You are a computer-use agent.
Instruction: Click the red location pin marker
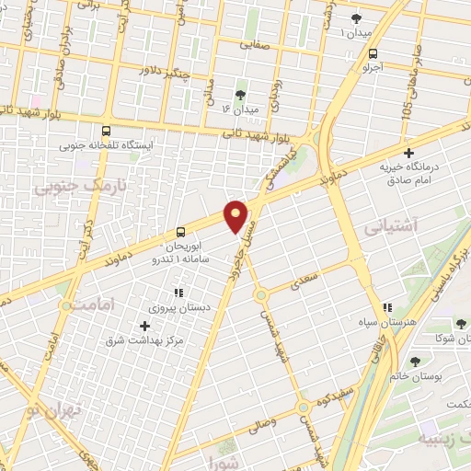pos(237,216)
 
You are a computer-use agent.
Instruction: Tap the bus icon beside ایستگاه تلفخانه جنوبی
pos(109,131)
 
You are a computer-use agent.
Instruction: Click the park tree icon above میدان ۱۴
pos(241,95)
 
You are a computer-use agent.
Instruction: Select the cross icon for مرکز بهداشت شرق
pos(144,326)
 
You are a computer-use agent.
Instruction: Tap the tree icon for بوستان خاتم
pos(415,362)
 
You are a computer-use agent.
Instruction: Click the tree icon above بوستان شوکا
pos(460,324)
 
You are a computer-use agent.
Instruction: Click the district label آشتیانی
pos(390,224)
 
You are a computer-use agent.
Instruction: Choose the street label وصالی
pos(281,424)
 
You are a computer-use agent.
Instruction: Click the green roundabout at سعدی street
pos(261,295)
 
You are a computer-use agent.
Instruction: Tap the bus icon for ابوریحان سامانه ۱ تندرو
pos(180,232)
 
